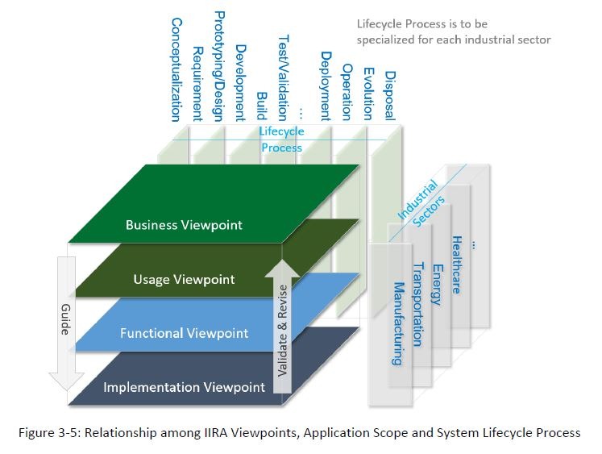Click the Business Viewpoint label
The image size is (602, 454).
click(x=184, y=225)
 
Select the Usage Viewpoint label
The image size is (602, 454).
click(x=184, y=279)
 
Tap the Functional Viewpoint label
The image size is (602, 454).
click(x=184, y=332)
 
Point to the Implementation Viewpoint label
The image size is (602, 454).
click(x=184, y=386)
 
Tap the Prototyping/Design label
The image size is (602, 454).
click(x=219, y=65)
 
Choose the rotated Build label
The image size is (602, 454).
click(x=261, y=105)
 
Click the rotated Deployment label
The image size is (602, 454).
click(x=325, y=85)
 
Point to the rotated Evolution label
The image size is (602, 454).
click(x=367, y=93)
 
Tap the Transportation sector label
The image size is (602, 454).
click(x=417, y=303)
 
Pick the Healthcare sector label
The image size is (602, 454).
click(x=457, y=264)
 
